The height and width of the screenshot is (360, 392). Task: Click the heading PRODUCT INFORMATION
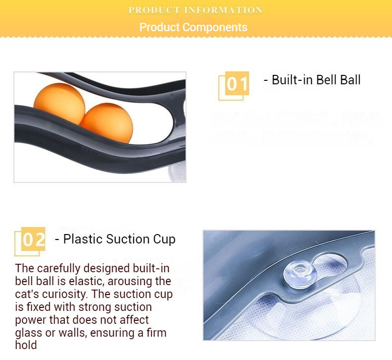[x=196, y=10]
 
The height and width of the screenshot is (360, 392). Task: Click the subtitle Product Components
[x=193, y=27]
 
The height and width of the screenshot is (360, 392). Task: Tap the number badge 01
[x=237, y=84]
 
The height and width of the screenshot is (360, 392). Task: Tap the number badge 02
[x=34, y=240]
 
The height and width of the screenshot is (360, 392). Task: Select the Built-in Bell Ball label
[x=312, y=80]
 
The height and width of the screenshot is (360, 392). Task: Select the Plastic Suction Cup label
[x=115, y=240]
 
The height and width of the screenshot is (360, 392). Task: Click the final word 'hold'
[x=26, y=345]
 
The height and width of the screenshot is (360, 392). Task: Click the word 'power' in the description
[x=31, y=320]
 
